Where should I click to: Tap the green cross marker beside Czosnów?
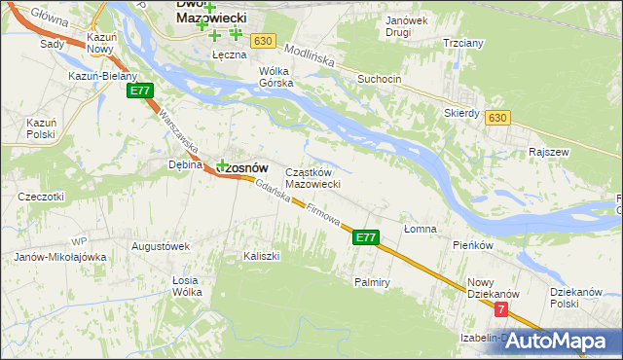click(222, 165)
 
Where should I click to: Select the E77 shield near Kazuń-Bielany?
click(139, 90)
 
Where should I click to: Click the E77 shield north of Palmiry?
click(365, 236)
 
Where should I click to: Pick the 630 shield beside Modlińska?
click(260, 41)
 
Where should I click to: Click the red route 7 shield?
click(500, 309)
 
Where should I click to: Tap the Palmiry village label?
click(371, 282)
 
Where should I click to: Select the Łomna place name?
click(421, 229)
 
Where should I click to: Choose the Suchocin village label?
click(380, 78)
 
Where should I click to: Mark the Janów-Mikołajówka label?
click(59, 257)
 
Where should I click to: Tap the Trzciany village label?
click(463, 44)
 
